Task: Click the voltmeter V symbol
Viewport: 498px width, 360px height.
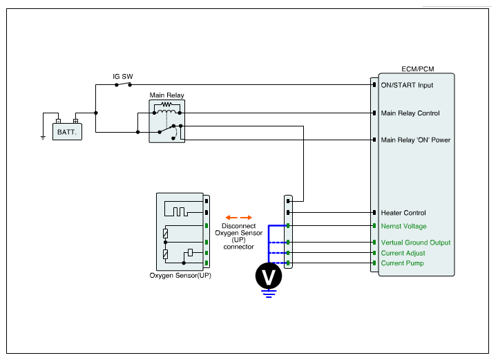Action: click(x=269, y=276)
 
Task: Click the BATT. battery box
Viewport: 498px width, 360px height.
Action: click(x=67, y=131)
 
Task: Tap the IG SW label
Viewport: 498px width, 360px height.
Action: click(x=123, y=76)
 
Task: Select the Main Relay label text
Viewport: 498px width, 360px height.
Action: click(x=167, y=95)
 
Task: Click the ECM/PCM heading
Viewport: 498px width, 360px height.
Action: click(x=418, y=70)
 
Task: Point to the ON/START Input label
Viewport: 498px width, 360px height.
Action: click(x=407, y=86)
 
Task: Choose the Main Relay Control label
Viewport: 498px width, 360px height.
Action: click(x=410, y=113)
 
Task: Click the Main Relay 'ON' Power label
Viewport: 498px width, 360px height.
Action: click(x=416, y=140)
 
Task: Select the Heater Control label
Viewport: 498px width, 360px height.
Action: click(x=403, y=213)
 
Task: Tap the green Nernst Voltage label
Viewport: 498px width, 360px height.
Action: click(x=403, y=226)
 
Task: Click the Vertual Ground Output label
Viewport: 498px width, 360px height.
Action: click(x=416, y=243)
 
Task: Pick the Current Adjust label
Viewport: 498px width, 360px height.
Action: click(x=403, y=253)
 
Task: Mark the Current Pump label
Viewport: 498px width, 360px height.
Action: click(x=402, y=263)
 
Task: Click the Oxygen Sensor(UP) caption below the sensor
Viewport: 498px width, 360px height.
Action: click(x=180, y=275)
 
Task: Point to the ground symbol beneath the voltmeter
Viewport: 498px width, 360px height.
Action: click(x=269, y=294)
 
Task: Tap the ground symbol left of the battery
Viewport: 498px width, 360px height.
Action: click(x=43, y=137)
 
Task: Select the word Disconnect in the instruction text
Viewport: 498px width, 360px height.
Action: click(x=239, y=226)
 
